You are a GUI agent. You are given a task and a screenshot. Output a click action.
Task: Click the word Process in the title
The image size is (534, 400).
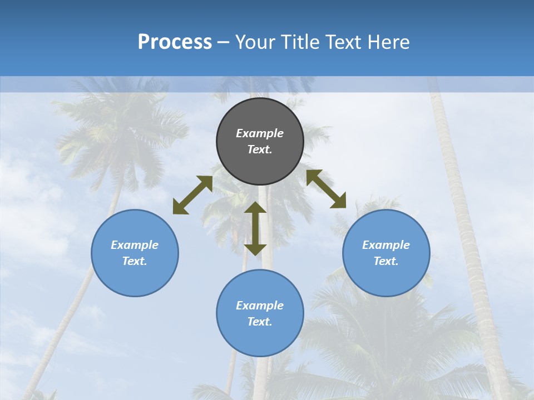click(175, 42)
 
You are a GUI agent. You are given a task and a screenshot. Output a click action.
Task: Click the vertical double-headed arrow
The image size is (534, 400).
click(255, 228)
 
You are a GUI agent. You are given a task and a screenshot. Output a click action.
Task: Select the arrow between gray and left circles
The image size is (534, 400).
click(192, 195)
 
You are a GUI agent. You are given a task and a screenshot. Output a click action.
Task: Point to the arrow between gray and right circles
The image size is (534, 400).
click(326, 189)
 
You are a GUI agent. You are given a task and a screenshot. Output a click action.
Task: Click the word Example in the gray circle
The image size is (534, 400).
click(260, 133)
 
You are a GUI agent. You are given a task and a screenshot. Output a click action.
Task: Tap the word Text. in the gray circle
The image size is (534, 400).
click(260, 149)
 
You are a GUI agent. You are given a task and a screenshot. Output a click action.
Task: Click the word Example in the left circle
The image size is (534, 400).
click(135, 245)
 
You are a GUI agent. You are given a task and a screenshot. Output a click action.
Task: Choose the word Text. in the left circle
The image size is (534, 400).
click(135, 261)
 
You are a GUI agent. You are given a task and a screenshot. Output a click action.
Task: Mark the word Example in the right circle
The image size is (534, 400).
click(386, 245)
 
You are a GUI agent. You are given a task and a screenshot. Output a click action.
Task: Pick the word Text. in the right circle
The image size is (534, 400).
click(386, 261)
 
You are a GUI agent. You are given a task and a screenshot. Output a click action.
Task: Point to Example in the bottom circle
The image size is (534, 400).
click(260, 306)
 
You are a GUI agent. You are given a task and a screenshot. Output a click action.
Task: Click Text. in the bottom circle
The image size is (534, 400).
click(260, 322)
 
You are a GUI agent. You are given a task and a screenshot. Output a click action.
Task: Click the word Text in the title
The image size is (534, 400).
click(345, 42)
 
